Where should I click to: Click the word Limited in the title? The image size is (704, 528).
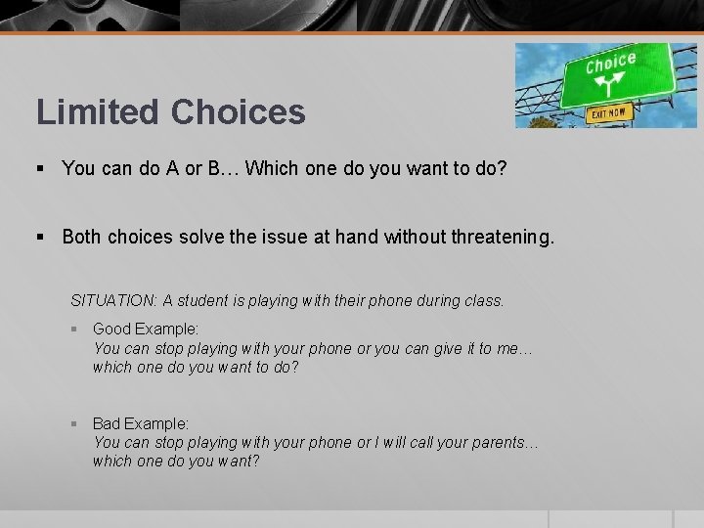tap(99, 112)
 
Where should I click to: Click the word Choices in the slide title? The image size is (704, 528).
tap(238, 112)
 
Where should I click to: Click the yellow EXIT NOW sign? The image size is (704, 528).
tap(608, 113)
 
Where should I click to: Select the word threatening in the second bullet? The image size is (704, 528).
tap(501, 236)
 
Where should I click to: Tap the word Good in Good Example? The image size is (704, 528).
tap(111, 330)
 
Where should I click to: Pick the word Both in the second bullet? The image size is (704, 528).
tap(82, 236)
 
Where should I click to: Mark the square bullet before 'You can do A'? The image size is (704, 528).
tap(41, 169)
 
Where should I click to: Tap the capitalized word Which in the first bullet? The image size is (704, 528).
tap(271, 168)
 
